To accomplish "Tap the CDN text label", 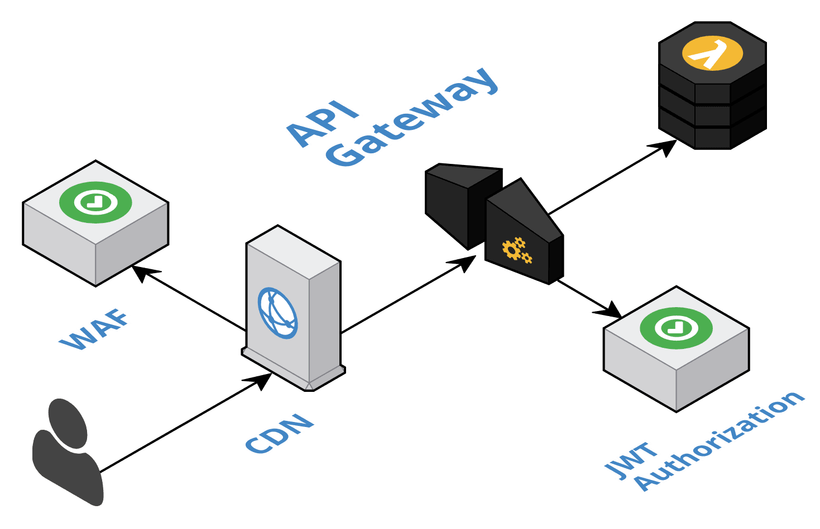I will [279, 433].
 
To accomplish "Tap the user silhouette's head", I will [68, 423].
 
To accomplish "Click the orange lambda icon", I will [712, 54].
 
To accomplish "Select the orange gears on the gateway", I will [517, 250].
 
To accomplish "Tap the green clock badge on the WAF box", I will [95, 202].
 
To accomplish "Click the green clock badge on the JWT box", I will [676, 328].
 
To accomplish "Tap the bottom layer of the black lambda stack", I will [712, 137].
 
